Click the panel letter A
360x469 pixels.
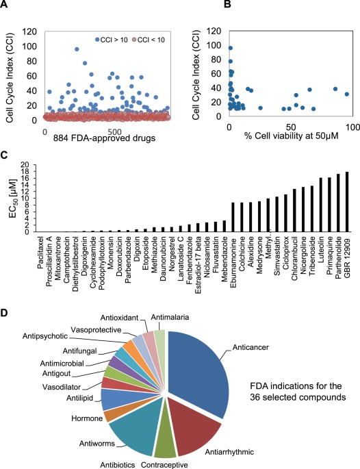click(5, 6)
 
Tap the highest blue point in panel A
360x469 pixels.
click(76, 49)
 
